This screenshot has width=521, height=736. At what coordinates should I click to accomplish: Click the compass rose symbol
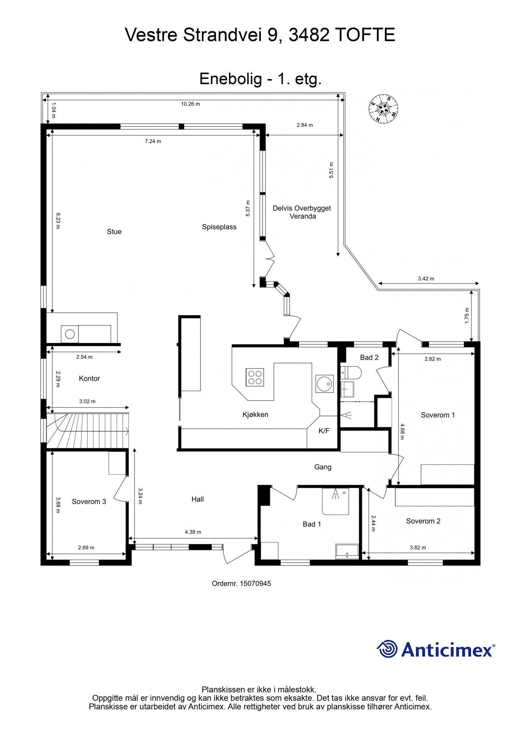click(383, 109)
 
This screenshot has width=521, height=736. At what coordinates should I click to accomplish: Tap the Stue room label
click(114, 232)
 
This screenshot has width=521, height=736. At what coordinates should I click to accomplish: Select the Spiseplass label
click(219, 227)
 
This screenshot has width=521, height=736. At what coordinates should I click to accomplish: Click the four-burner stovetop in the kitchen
click(255, 377)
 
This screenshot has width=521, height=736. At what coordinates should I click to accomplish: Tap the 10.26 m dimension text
click(190, 104)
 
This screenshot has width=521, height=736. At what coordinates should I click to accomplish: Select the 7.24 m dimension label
click(153, 141)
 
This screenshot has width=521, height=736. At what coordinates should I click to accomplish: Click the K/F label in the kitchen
click(324, 431)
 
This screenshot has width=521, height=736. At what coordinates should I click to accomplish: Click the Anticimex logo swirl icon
click(387, 649)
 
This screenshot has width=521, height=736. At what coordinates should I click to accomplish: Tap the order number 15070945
click(255, 583)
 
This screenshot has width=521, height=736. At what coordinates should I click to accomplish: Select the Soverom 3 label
click(89, 502)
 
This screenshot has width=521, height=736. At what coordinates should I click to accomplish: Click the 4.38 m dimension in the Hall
click(193, 532)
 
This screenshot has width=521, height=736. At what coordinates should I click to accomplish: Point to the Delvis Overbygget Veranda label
click(302, 212)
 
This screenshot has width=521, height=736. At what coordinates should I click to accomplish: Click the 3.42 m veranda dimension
click(426, 278)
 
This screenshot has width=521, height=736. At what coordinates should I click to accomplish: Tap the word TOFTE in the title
click(365, 35)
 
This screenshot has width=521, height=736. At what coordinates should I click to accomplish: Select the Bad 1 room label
click(312, 524)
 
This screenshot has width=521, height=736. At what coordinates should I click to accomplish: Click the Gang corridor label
click(322, 467)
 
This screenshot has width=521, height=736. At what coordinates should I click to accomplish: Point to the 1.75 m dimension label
click(467, 315)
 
